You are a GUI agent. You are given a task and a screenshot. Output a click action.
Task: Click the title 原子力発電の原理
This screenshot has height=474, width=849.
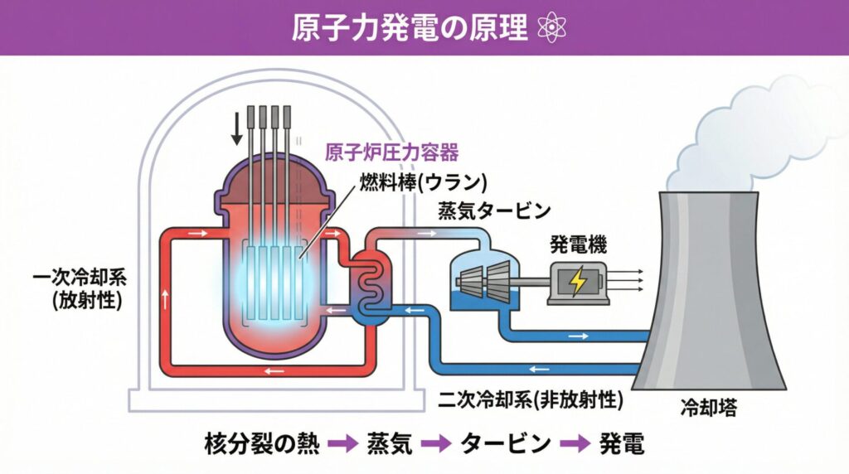tap(410, 28)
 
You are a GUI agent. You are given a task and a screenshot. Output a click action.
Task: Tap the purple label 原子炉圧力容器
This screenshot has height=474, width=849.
tap(391, 152)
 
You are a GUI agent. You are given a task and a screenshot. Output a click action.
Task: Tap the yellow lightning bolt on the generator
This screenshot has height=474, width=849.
tap(578, 283)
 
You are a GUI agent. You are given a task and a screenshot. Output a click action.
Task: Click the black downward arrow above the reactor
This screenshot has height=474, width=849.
tap(237, 126)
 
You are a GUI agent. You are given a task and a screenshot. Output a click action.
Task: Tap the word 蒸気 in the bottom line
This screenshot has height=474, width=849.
tap(389, 444)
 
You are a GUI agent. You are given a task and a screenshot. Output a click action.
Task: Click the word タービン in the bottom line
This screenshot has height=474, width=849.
tap(506, 444)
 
